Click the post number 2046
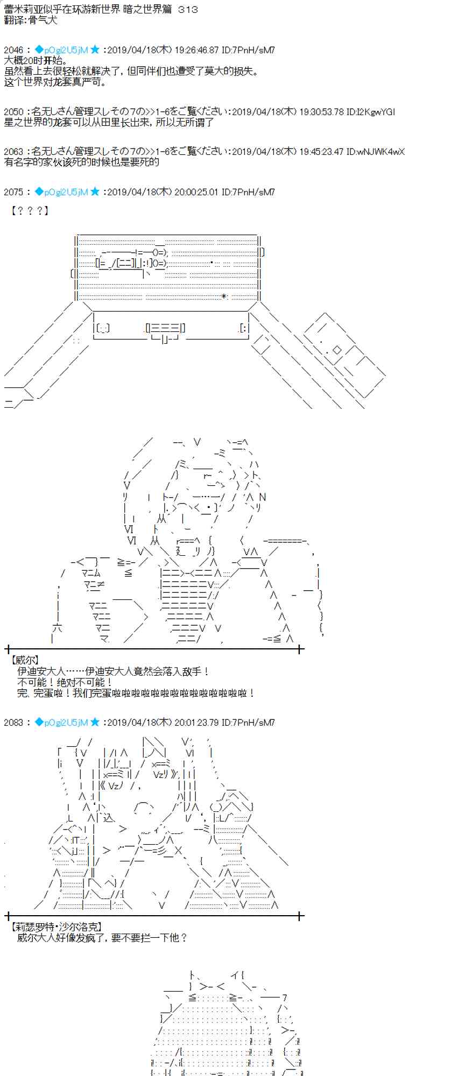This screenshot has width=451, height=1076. coord(13,50)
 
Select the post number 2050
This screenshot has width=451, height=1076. coord(13,112)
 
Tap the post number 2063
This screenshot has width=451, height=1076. coord(13,152)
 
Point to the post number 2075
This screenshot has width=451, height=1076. coord(13,192)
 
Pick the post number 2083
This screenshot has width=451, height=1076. coord(13,723)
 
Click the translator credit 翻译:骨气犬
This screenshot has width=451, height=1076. coord(30,20)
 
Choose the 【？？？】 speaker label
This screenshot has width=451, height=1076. coord(30,210)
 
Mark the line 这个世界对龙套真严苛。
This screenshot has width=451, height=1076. coord(56,82)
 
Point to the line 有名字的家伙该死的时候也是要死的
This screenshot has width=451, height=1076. coord(82,162)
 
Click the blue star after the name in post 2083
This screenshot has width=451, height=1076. coord(95,723)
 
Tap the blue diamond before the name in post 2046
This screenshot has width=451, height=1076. coord(39,50)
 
